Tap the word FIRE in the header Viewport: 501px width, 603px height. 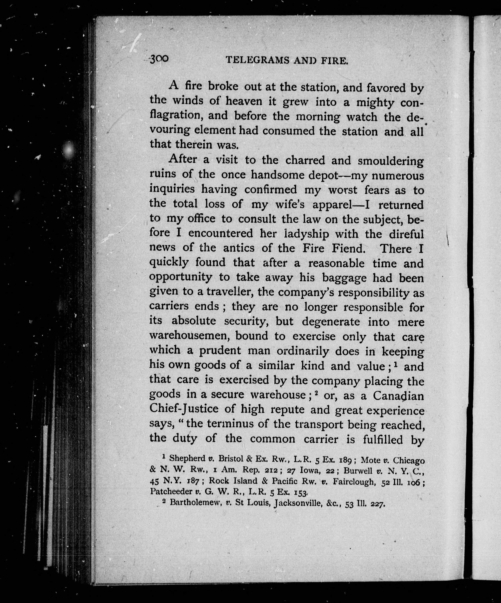coord(335,61)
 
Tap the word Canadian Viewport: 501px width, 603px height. coord(398,396)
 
